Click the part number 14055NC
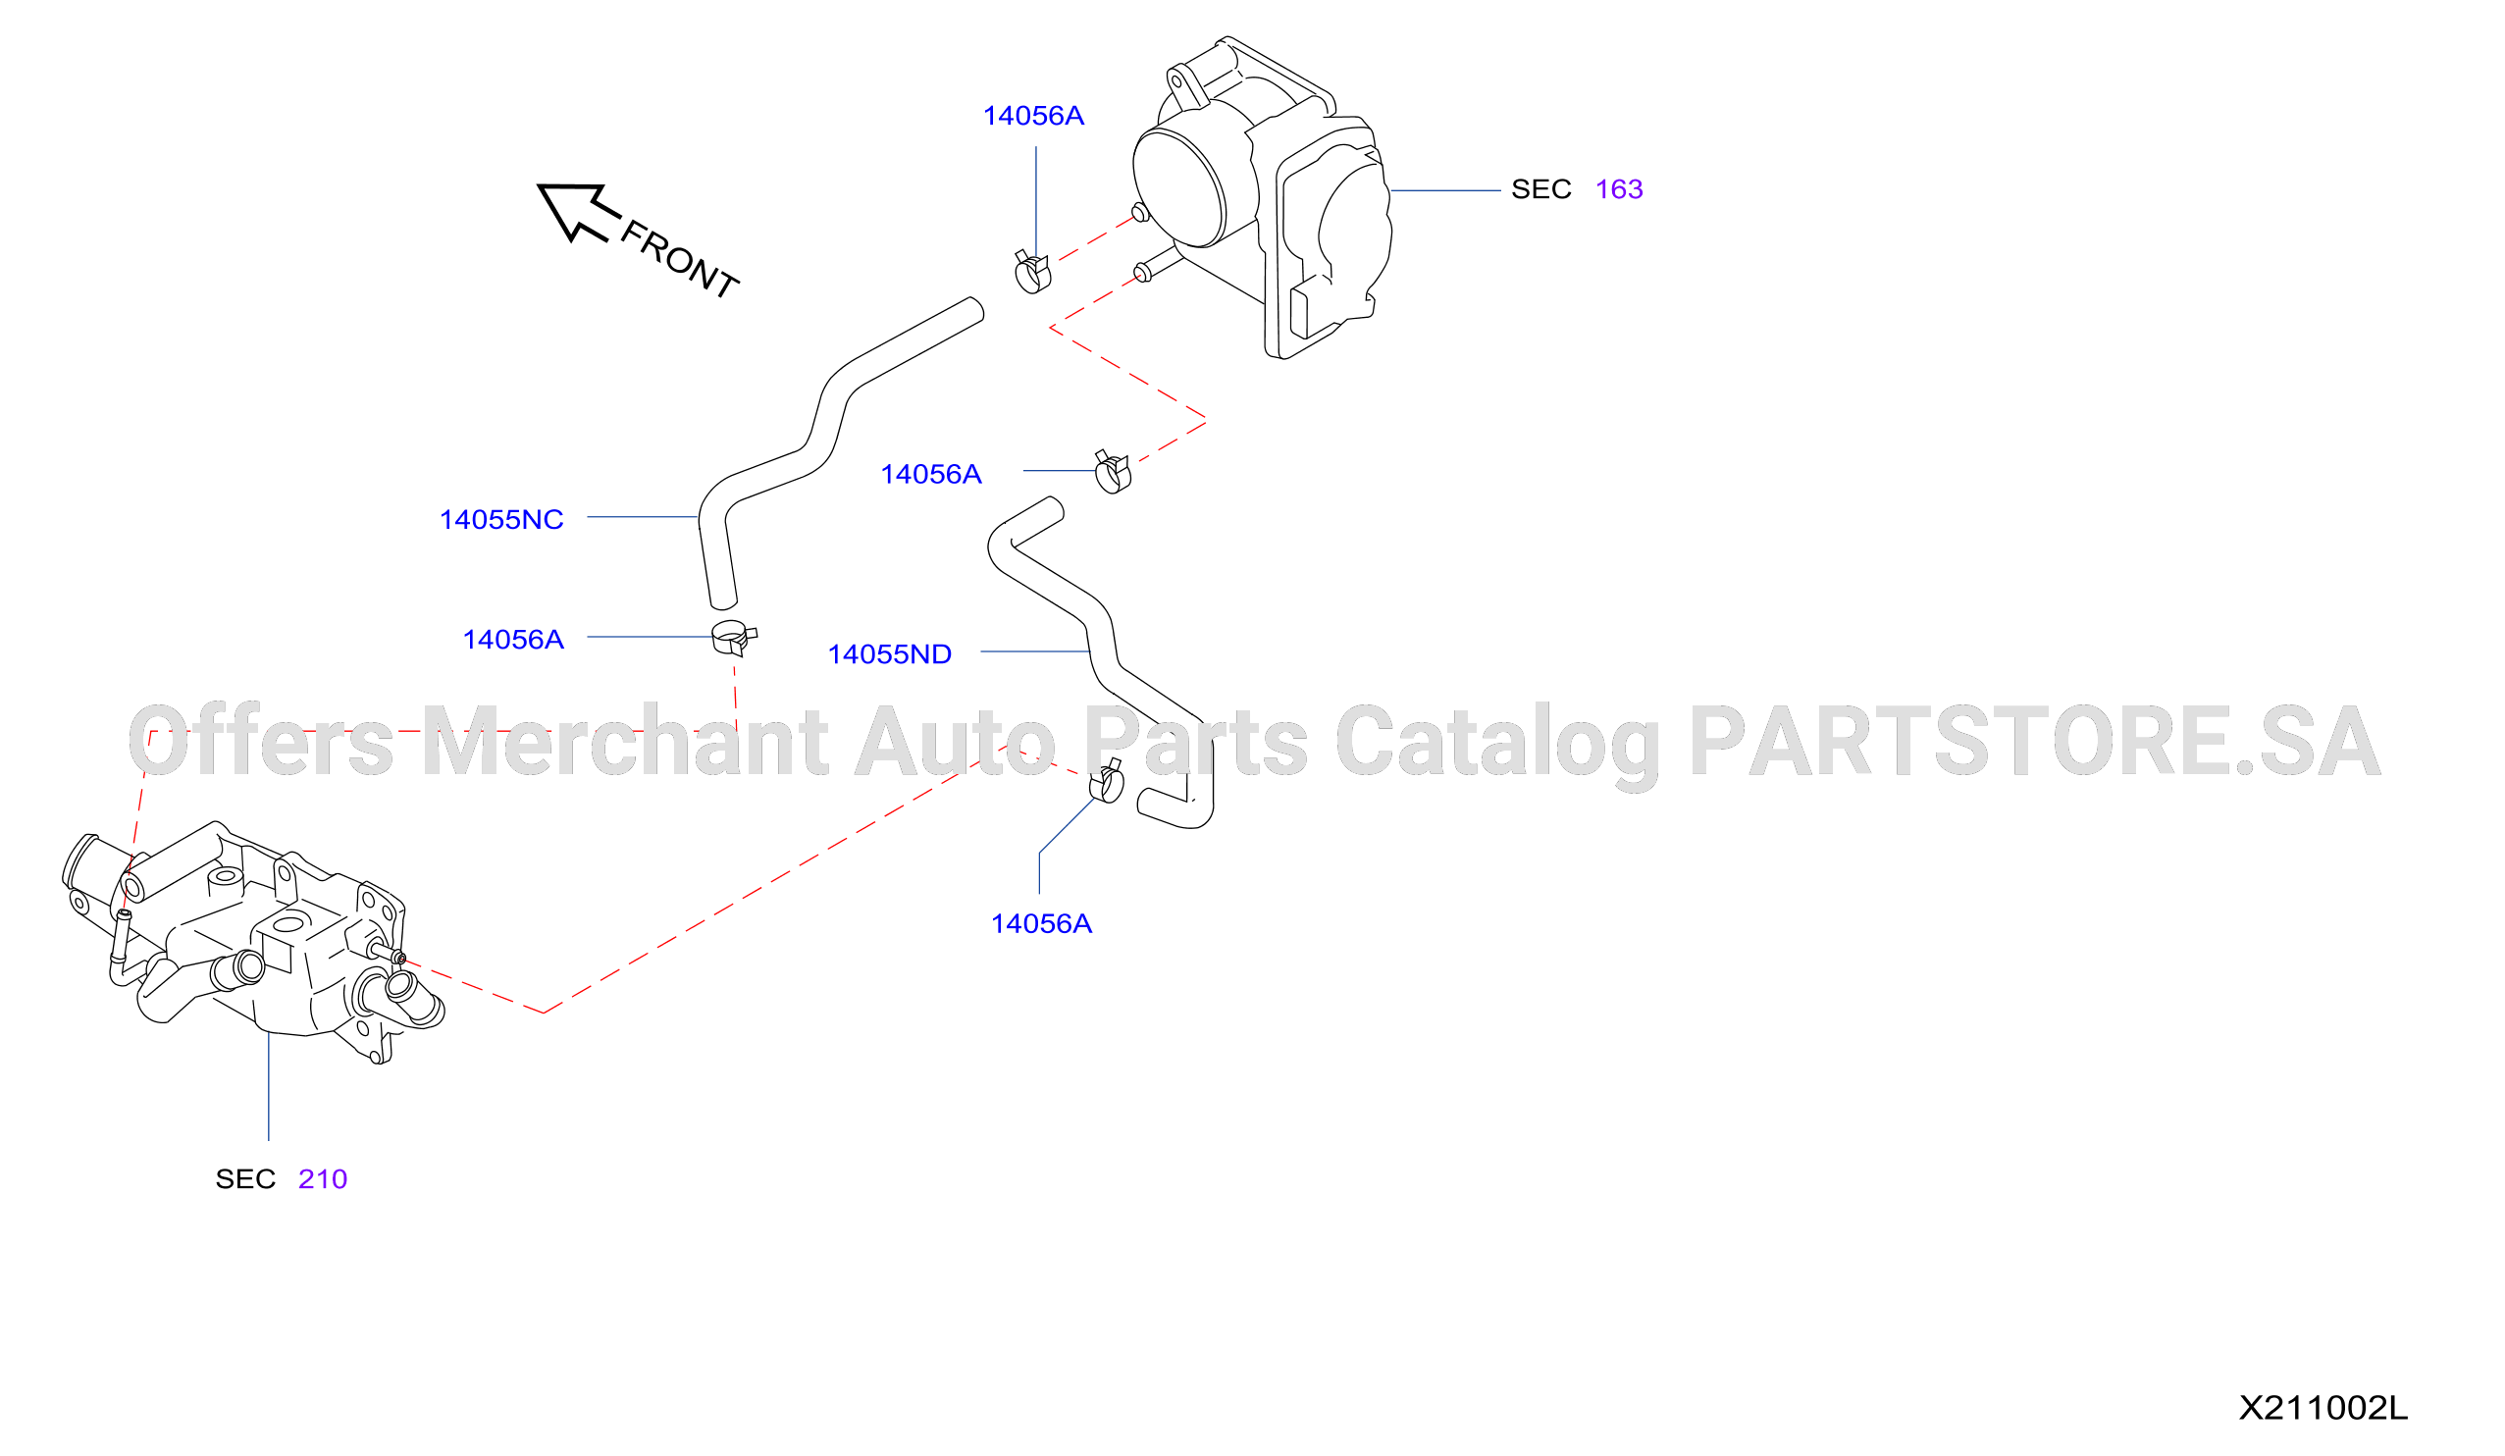pos(501,520)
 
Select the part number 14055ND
pos(890,655)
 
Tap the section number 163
pos(1618,189)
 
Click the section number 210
pos(323,1179)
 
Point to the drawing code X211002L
pos(2322,1408)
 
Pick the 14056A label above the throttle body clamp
pos(1033,117)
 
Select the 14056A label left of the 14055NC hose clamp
pos(513,640)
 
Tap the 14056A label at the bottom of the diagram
pos(1041,924)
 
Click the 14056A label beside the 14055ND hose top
pos(930,475)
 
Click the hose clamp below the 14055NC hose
pos(734,638)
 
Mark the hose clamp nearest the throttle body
pos(1033,272)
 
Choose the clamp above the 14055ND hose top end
pos(1113,472)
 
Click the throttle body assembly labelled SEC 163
pos(1263,199)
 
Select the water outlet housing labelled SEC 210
pos(253,944)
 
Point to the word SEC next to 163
pos(1540,189)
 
